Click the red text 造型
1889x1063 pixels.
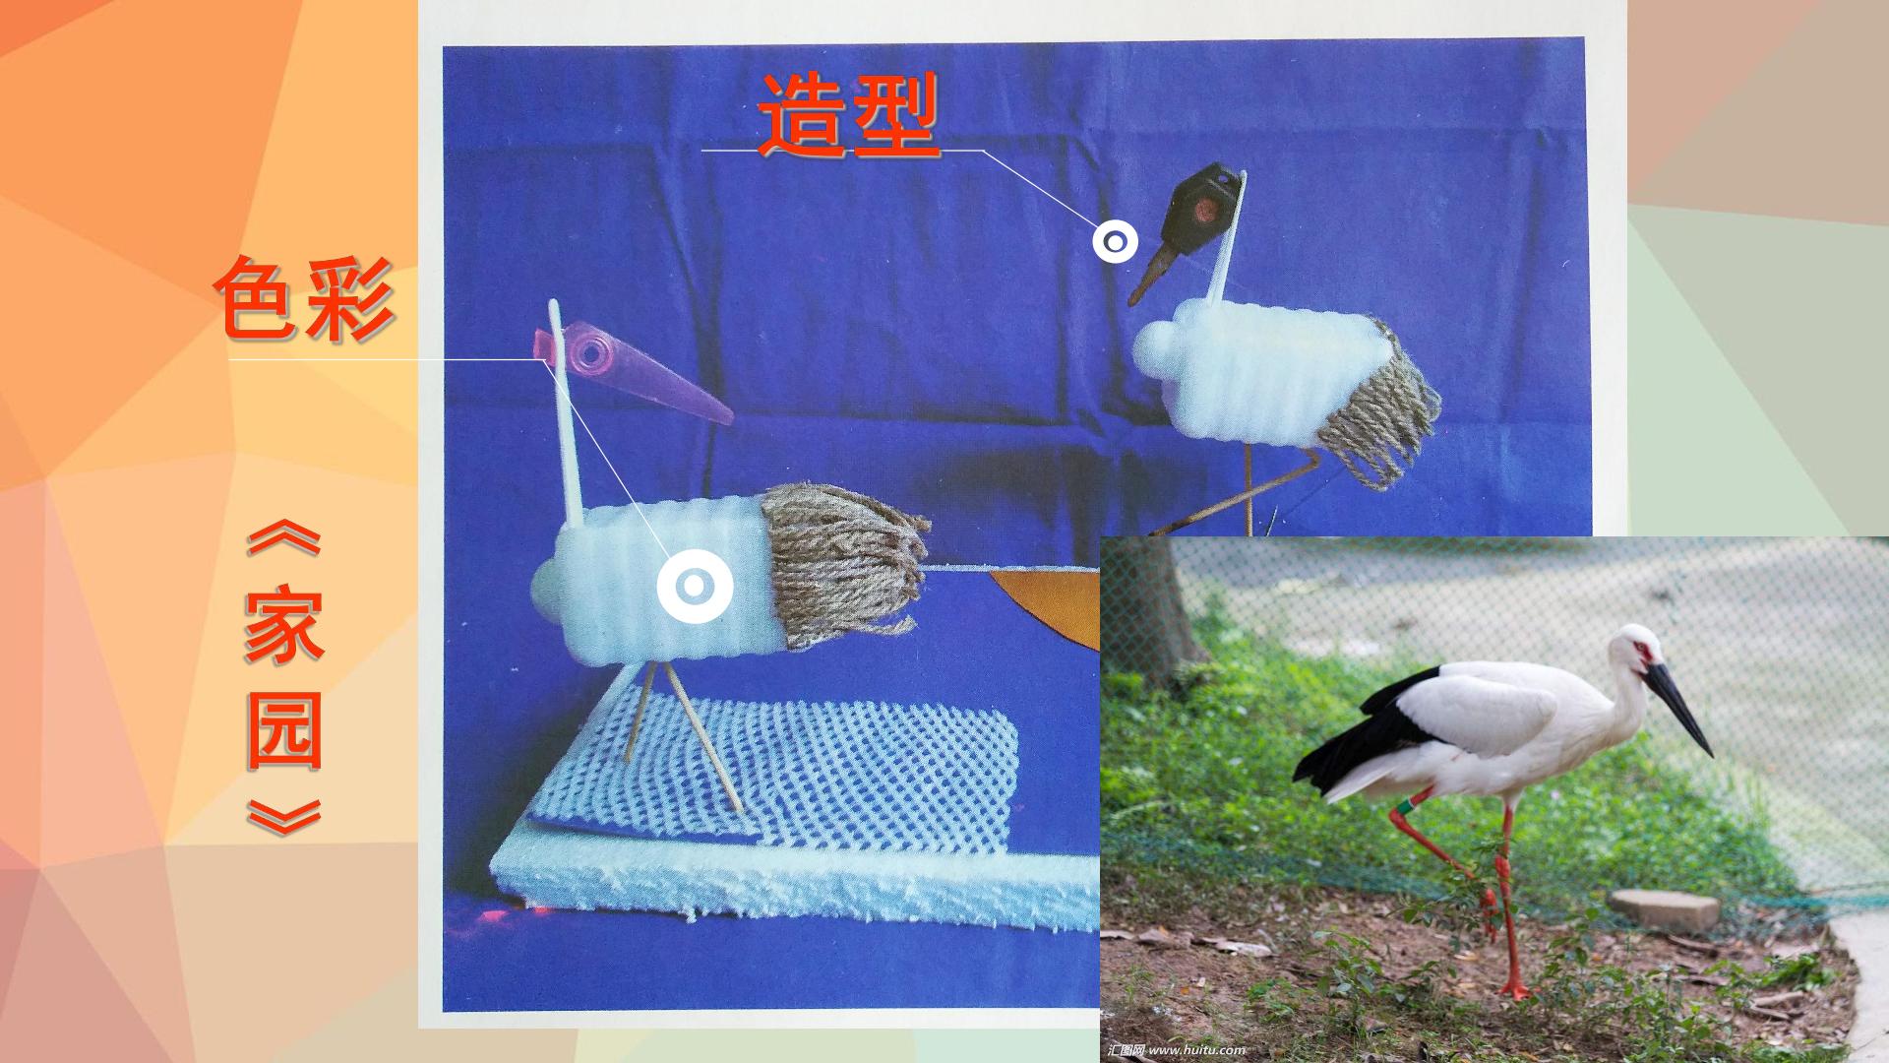(x=848, y=116)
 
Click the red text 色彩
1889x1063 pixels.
(x=305, y=298)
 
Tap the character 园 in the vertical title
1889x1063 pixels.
(x=283, y=730)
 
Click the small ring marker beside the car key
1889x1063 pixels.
(x=1115, y=241)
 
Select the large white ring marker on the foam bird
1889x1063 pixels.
(x=695, y=586)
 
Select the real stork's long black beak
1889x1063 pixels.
(x=1679, y=705)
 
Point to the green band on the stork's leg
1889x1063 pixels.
(x=1401, y=808)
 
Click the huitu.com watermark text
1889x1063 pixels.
(x=1177, y=1049)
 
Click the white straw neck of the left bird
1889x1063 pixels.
(x=567, y=419)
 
